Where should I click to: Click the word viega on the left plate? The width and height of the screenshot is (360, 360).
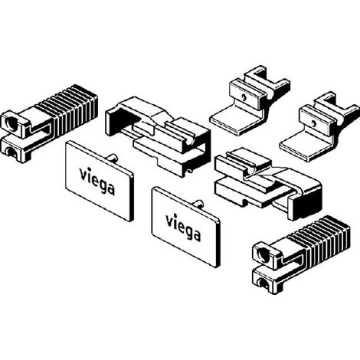[x=97, y=181]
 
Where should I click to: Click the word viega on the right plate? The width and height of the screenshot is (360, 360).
[x=183, y=227]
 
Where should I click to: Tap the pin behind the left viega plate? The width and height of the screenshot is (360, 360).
[x=113, y=158]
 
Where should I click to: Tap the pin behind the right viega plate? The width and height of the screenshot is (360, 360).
[x=199, y=205]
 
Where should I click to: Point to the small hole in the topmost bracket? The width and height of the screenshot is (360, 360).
[x=244, y=97]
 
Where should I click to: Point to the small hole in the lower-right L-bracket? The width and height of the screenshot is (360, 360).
[x=314, y=124]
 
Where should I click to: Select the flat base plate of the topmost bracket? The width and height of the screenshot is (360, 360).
[x=236, y=120]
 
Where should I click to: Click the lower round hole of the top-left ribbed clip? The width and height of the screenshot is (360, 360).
[x=11, y=152]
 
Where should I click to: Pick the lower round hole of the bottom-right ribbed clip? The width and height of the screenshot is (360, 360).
[x=263, y=283]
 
